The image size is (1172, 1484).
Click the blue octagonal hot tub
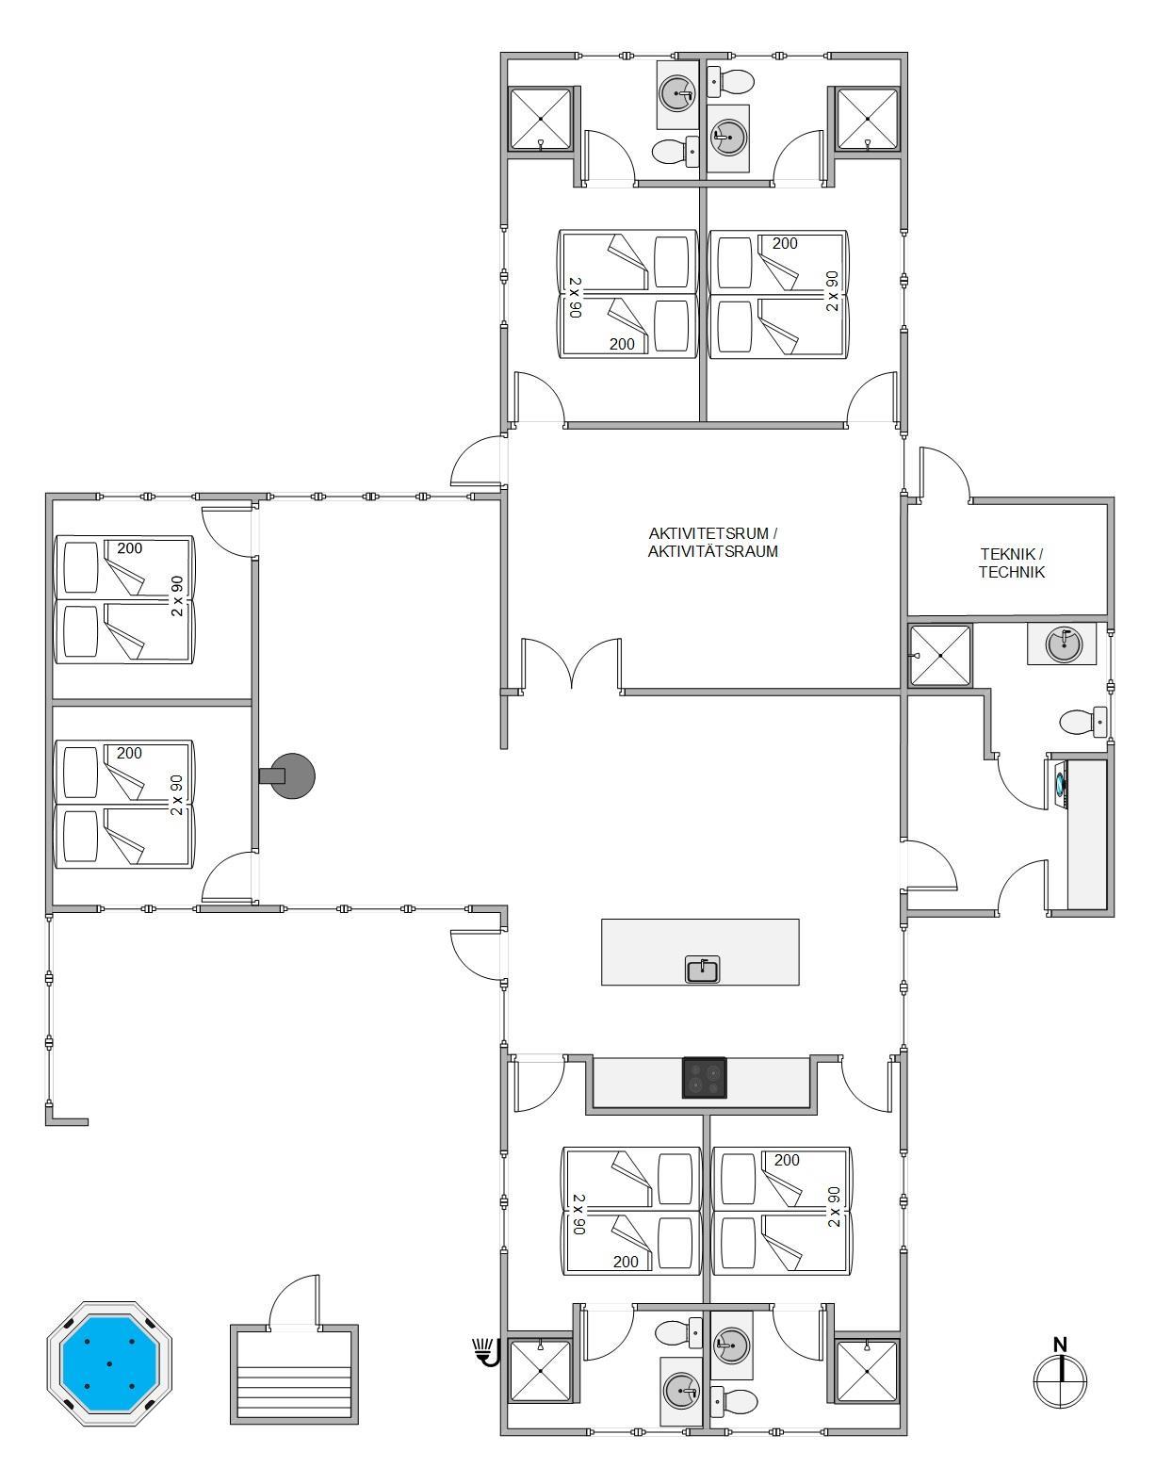(x=109, y=1363)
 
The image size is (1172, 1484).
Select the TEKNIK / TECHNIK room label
(x=1011, y=563)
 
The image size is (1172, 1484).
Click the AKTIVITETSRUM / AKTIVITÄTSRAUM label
(x=713, y=542)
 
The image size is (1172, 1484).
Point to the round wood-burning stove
(x=288, y=775)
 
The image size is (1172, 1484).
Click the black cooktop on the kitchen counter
(x=704, y=1078)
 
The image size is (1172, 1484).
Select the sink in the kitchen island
(x=703, y=969)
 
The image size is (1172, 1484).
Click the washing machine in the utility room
(x=1060, y=784)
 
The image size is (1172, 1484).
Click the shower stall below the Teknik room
(x=939, y=655)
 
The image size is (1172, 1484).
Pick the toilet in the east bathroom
(x=1082, y=722)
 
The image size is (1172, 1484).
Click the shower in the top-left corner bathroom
(x=541, y=119)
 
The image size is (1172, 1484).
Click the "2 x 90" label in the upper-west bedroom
(x=178, y=595)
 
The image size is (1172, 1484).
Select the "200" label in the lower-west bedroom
(x=130, y=753)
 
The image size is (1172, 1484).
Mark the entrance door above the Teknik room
(x=945, y=474)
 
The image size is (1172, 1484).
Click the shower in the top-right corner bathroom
(x=868, y=119)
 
